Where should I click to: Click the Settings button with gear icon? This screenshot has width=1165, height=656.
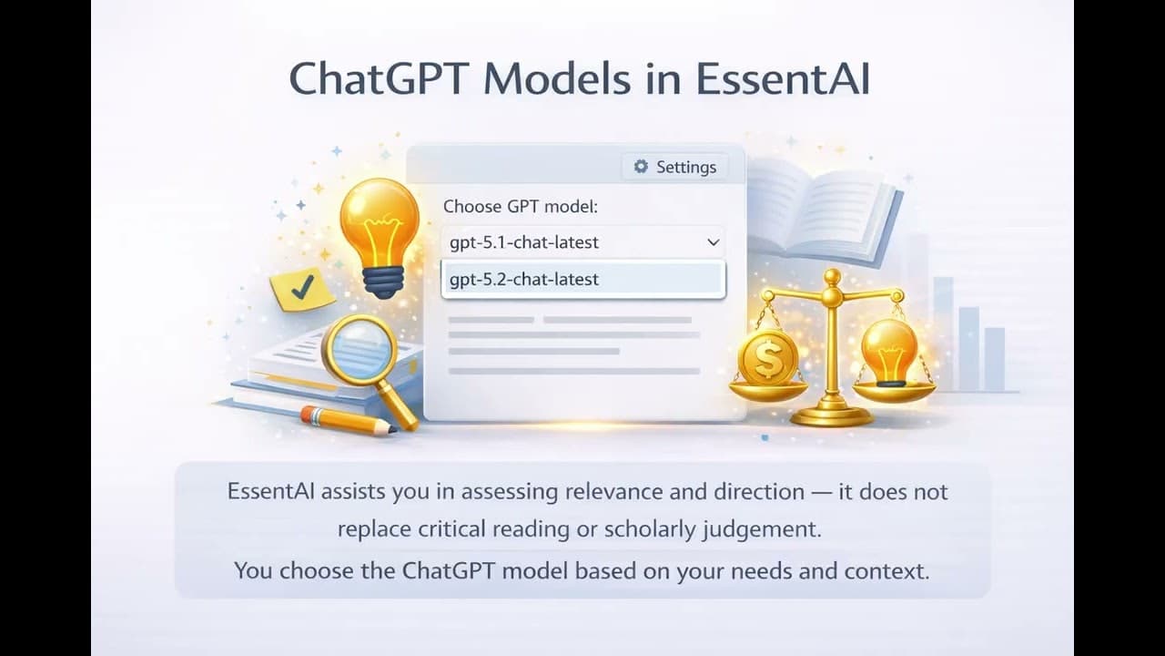point(675,167)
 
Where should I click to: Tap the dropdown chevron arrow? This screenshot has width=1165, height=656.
point(713,242)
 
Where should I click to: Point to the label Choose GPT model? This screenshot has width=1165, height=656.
point(520,207)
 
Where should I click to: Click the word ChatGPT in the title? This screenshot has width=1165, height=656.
point(380,80)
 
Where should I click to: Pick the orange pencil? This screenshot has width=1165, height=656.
point(347,420)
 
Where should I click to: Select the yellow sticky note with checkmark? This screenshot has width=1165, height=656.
point(302,289)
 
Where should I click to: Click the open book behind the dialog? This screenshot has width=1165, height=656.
point(819,205)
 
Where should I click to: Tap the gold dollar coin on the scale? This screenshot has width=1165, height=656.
point(768,358)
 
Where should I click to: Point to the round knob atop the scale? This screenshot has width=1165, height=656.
point(832,276)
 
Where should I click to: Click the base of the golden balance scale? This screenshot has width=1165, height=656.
point(831,415)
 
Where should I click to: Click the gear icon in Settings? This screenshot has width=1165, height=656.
point(641,167)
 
